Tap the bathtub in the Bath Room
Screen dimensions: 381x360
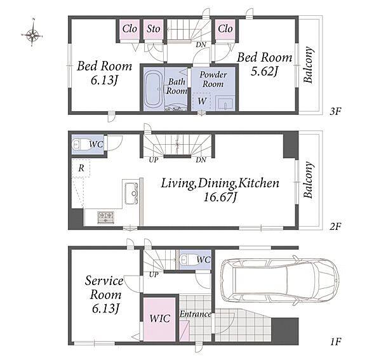pos(153,89)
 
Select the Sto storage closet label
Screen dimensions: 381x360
pos(153,29)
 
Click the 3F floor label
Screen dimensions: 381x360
pos(335,112)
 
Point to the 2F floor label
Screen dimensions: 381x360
pos(335,227)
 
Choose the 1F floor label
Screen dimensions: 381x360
pos(335,342)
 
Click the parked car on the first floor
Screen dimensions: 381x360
pos(279,281)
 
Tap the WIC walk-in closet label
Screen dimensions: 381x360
pos(159,319)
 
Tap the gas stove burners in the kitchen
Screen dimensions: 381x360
pos(105,217)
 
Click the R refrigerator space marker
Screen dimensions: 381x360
pos(81,168)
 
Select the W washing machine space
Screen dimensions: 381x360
pos(202,101)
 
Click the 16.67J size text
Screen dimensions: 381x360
pos(220,197)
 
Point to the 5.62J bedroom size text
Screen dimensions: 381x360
pos(264,71)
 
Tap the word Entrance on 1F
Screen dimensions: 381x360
pos(196,314)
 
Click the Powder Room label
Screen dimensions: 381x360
pos(213,79)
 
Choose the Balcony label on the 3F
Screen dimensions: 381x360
pos(308,65)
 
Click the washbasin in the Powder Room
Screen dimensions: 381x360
pos(225,103)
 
